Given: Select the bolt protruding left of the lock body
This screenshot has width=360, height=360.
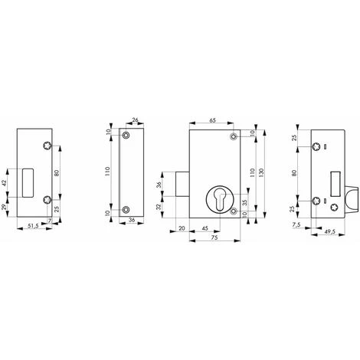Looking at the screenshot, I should point(181,186).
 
